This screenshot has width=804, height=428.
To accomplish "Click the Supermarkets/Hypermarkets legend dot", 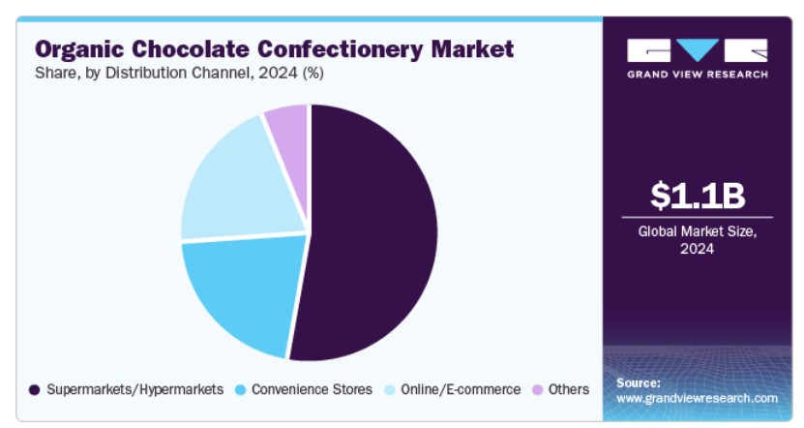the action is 35,390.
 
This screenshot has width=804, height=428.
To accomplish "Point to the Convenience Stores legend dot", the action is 240,390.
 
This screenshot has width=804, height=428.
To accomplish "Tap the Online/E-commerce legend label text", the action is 461,389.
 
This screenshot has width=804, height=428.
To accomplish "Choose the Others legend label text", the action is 569,389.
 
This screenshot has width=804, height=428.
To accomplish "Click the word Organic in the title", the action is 79,50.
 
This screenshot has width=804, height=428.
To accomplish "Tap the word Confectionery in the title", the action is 340,50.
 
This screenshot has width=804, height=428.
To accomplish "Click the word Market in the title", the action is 472,49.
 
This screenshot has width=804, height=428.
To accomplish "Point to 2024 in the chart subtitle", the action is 278,73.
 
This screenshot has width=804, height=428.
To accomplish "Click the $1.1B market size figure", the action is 698,196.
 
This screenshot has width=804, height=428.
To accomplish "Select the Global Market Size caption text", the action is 698,239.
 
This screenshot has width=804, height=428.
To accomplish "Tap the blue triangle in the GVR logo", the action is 698,49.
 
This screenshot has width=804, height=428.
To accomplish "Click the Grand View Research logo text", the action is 698,75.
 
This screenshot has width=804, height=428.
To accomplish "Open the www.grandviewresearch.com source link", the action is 697,398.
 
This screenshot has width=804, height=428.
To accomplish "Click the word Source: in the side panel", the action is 639,382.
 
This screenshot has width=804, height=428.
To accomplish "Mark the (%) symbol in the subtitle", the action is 313,73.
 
